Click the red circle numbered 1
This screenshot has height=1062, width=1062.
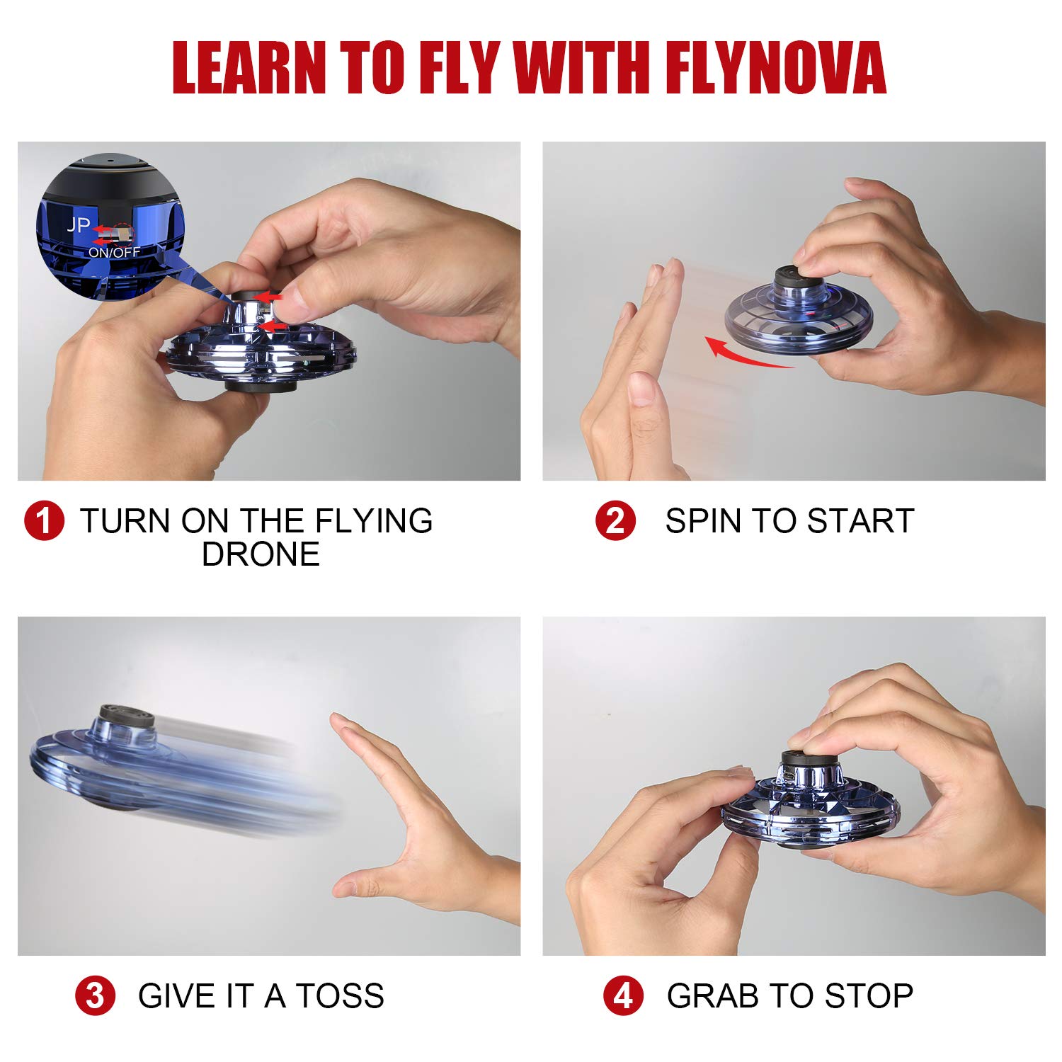(x=44, y=521)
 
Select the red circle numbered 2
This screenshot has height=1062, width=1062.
(x=615, y=521)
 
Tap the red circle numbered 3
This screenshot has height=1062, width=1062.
(x=95, y=995)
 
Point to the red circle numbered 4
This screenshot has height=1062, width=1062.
(x=623, y=995)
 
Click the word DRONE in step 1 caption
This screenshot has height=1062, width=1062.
(x=261, y=554)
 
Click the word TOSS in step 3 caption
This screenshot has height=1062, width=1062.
(x=340, y=995)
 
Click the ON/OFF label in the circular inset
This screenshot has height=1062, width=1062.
(x=114, y=252)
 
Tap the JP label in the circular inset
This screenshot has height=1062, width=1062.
(x=78, y=225)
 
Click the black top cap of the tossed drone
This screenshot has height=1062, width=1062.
(x=126, y=716)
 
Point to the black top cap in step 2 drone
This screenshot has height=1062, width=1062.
(x=794, y=274)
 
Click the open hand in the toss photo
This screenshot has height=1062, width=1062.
(x=411, y=835)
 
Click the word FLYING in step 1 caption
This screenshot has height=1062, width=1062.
(x=373, y=521)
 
